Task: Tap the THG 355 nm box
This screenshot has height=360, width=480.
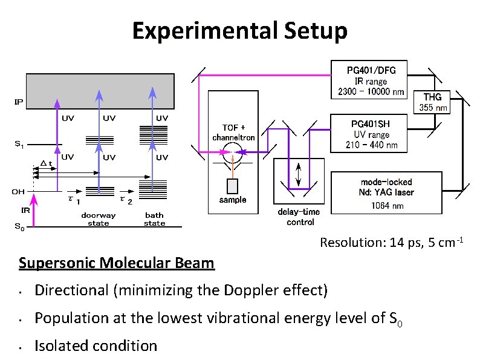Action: pos(432,102)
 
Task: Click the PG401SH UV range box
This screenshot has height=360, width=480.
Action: pos(371,134)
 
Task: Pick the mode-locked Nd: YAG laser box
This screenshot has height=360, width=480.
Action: pos(386,193)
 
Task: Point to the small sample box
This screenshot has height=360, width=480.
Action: pos(232,186)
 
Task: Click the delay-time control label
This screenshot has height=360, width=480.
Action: pos(299,217)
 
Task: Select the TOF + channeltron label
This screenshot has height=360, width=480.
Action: pos(233,133)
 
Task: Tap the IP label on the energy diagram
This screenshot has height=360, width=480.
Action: pos(19,102)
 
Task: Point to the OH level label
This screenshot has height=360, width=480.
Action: pos(18,191)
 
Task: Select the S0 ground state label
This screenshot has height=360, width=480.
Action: pos(19,227)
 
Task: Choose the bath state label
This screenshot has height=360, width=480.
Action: pos(154,219)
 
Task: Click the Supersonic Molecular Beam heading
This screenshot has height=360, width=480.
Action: pos(116,263)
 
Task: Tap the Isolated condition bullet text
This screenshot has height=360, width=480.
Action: pos(96,345)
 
